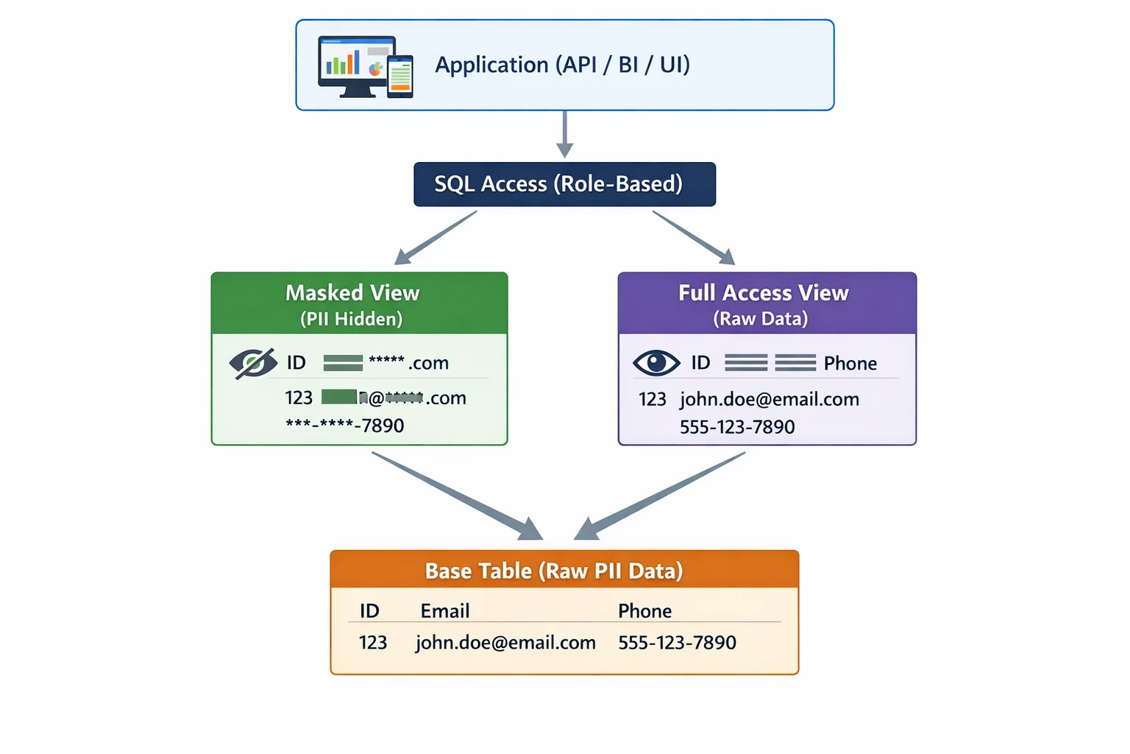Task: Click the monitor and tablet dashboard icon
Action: (x=365, y=66)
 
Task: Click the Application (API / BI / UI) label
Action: (x=562, y=65)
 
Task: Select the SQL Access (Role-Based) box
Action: (x=564, y=184)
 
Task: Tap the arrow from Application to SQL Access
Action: (x=564, y=134)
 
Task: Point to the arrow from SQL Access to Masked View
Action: (x=436, y=238)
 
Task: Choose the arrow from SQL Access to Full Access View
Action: (x=693, y=237)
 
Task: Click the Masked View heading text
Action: (x=352, y=293)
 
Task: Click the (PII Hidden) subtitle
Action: (x=351, y=319)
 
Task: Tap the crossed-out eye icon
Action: (x=252, y=363)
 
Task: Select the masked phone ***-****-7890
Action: (x=345, y=426)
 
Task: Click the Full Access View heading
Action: (x=763, y=293)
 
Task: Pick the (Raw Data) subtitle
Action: (x=760, y=319)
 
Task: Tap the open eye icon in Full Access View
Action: (x=656, y=362)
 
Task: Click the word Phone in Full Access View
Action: (x=850, y=363)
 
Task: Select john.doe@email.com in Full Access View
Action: (x=769, y=399)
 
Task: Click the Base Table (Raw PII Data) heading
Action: (x=554, y=571)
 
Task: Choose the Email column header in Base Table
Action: (x=444, y=610)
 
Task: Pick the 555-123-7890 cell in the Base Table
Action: (x=677, y=642)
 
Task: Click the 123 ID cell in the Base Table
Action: (x=373, y=642)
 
